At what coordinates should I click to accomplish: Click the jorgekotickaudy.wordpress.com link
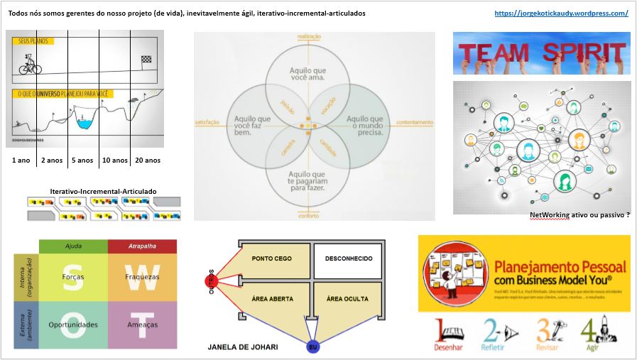[x=560, y=13]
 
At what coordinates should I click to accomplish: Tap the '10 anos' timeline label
[x=114, y=160]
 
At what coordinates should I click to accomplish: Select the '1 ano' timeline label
[x=21, y=160]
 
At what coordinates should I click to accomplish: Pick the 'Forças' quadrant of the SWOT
[x=73, y=277]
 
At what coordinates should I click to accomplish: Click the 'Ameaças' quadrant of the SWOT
[x=142, y=324]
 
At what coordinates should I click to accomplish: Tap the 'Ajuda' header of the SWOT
[x=73, y=246]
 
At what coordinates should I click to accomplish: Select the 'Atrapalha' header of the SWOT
[x=142, y=246]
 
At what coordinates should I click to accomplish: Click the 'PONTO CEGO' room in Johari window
[x=272, y=258]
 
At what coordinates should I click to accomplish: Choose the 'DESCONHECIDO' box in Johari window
[x=349, y=258]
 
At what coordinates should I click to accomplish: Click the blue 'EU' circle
[x=312, y=347]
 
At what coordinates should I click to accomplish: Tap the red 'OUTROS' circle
[x=211, y=280]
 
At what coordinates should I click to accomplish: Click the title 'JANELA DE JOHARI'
[x=243, y=347]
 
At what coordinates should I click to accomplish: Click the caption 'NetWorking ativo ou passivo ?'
[x=579, y=214]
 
